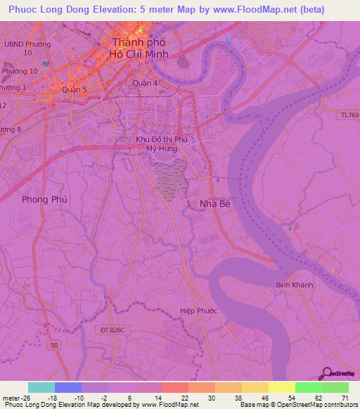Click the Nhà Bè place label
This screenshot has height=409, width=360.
click(x=211, y=204)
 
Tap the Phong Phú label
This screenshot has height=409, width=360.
click(x=44, y=200)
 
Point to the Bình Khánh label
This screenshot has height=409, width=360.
click(x=295, y=285)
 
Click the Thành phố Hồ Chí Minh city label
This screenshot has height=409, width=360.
click(x=140, y=48)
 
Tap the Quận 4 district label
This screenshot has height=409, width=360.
click(x=146, y=82)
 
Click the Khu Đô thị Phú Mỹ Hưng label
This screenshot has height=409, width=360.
click(x=162, y=144)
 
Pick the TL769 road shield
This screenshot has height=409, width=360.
click(x=347, y=115)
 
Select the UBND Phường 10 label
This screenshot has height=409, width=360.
click(x=28, y=48)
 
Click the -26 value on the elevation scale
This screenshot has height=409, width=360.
click(x=25, y=398)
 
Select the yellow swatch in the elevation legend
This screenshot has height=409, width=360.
click(x=281, y=387)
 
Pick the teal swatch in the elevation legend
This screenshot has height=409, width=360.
click(x=41, y=387)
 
